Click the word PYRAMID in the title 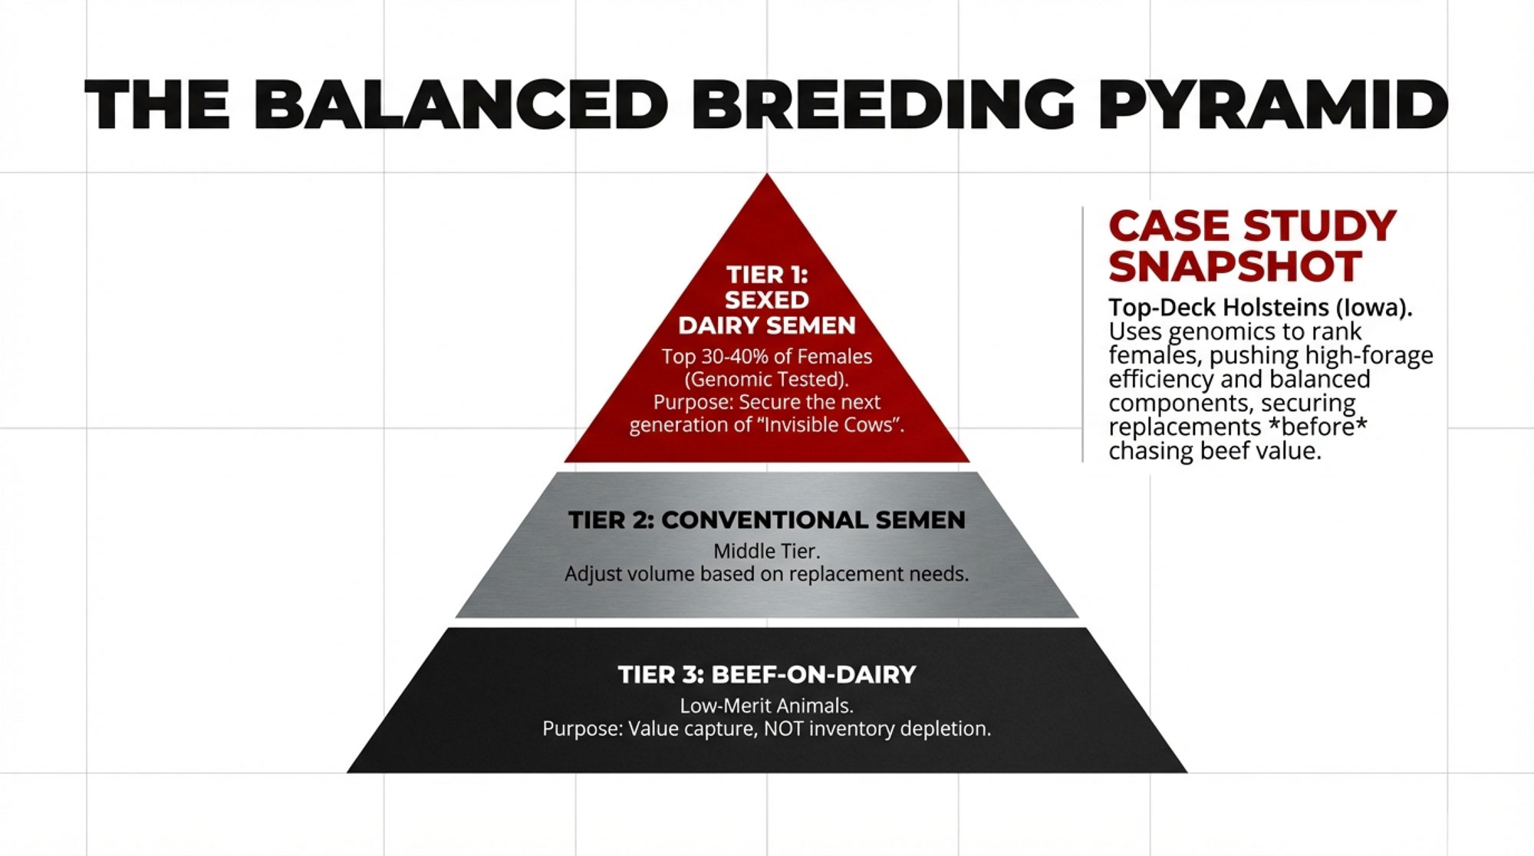click(x=1274, y=105)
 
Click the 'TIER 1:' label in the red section click(x=767, y=275)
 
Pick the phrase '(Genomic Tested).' click(x=766, y=380)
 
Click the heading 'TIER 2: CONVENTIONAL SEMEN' click(x=767, y=520)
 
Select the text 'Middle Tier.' click(x=767, y=551)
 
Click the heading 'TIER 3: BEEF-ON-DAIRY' click(x=767, y=675)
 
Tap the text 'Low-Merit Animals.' click(x=767, y=706)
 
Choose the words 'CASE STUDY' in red click(x=1253, y=227)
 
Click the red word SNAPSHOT click(x=1235, y=267)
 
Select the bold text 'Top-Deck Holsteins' click(x=1219, y=308)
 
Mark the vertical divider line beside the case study click(x=1083, y=334)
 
